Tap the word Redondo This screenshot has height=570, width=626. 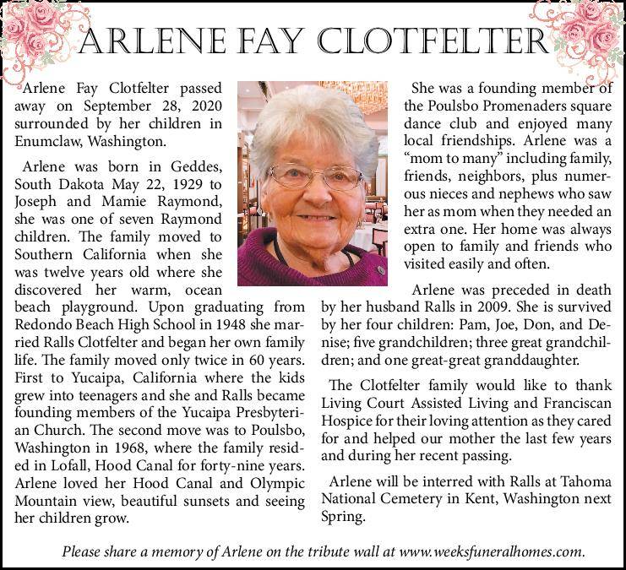(x=44, y=325)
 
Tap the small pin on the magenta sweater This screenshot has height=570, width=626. (x=382, y=271)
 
